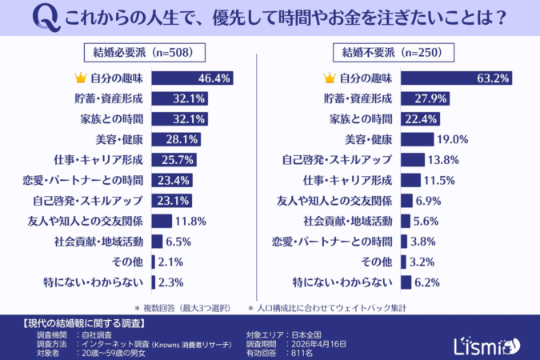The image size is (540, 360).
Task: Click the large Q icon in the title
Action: click(x=52, y=18)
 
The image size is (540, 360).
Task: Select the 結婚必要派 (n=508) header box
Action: click(x=144, y=52)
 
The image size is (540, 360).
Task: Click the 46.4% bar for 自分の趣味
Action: click(x=193, y=78)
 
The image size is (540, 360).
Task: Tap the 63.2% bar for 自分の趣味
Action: click(x=455, y=78)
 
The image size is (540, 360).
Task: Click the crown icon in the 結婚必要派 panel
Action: click(x=79, y=78)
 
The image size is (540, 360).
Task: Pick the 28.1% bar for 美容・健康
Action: click(x=175, y=139)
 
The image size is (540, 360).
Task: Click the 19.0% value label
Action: click(x=453, y=139)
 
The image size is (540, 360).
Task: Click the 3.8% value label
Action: click(x=424, y=241)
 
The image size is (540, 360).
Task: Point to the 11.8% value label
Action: click(x=191, y=221)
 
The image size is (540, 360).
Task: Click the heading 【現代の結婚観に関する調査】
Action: click(x=80, y=324)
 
